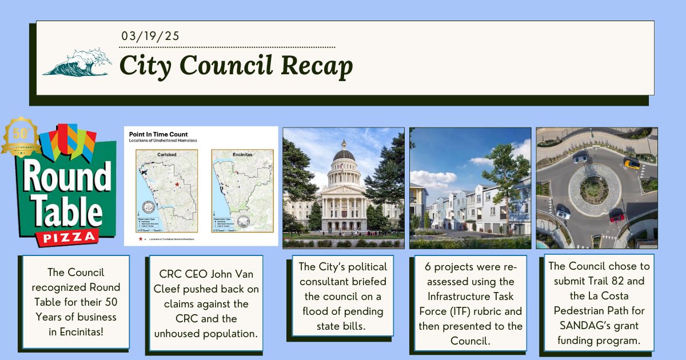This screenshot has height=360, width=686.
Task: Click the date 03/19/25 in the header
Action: pos(150,36)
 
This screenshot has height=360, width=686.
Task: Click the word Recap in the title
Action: pos(316,66)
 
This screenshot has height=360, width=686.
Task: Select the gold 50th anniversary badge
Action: pos(21,137)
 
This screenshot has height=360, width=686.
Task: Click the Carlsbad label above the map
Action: pos(166,154)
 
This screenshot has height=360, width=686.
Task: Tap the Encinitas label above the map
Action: pos(242,154)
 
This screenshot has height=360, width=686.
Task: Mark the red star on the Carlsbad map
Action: pos(177,185)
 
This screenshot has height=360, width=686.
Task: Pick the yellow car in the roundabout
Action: pos(631,163)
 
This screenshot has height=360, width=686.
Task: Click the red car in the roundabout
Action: pos(616,216)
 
